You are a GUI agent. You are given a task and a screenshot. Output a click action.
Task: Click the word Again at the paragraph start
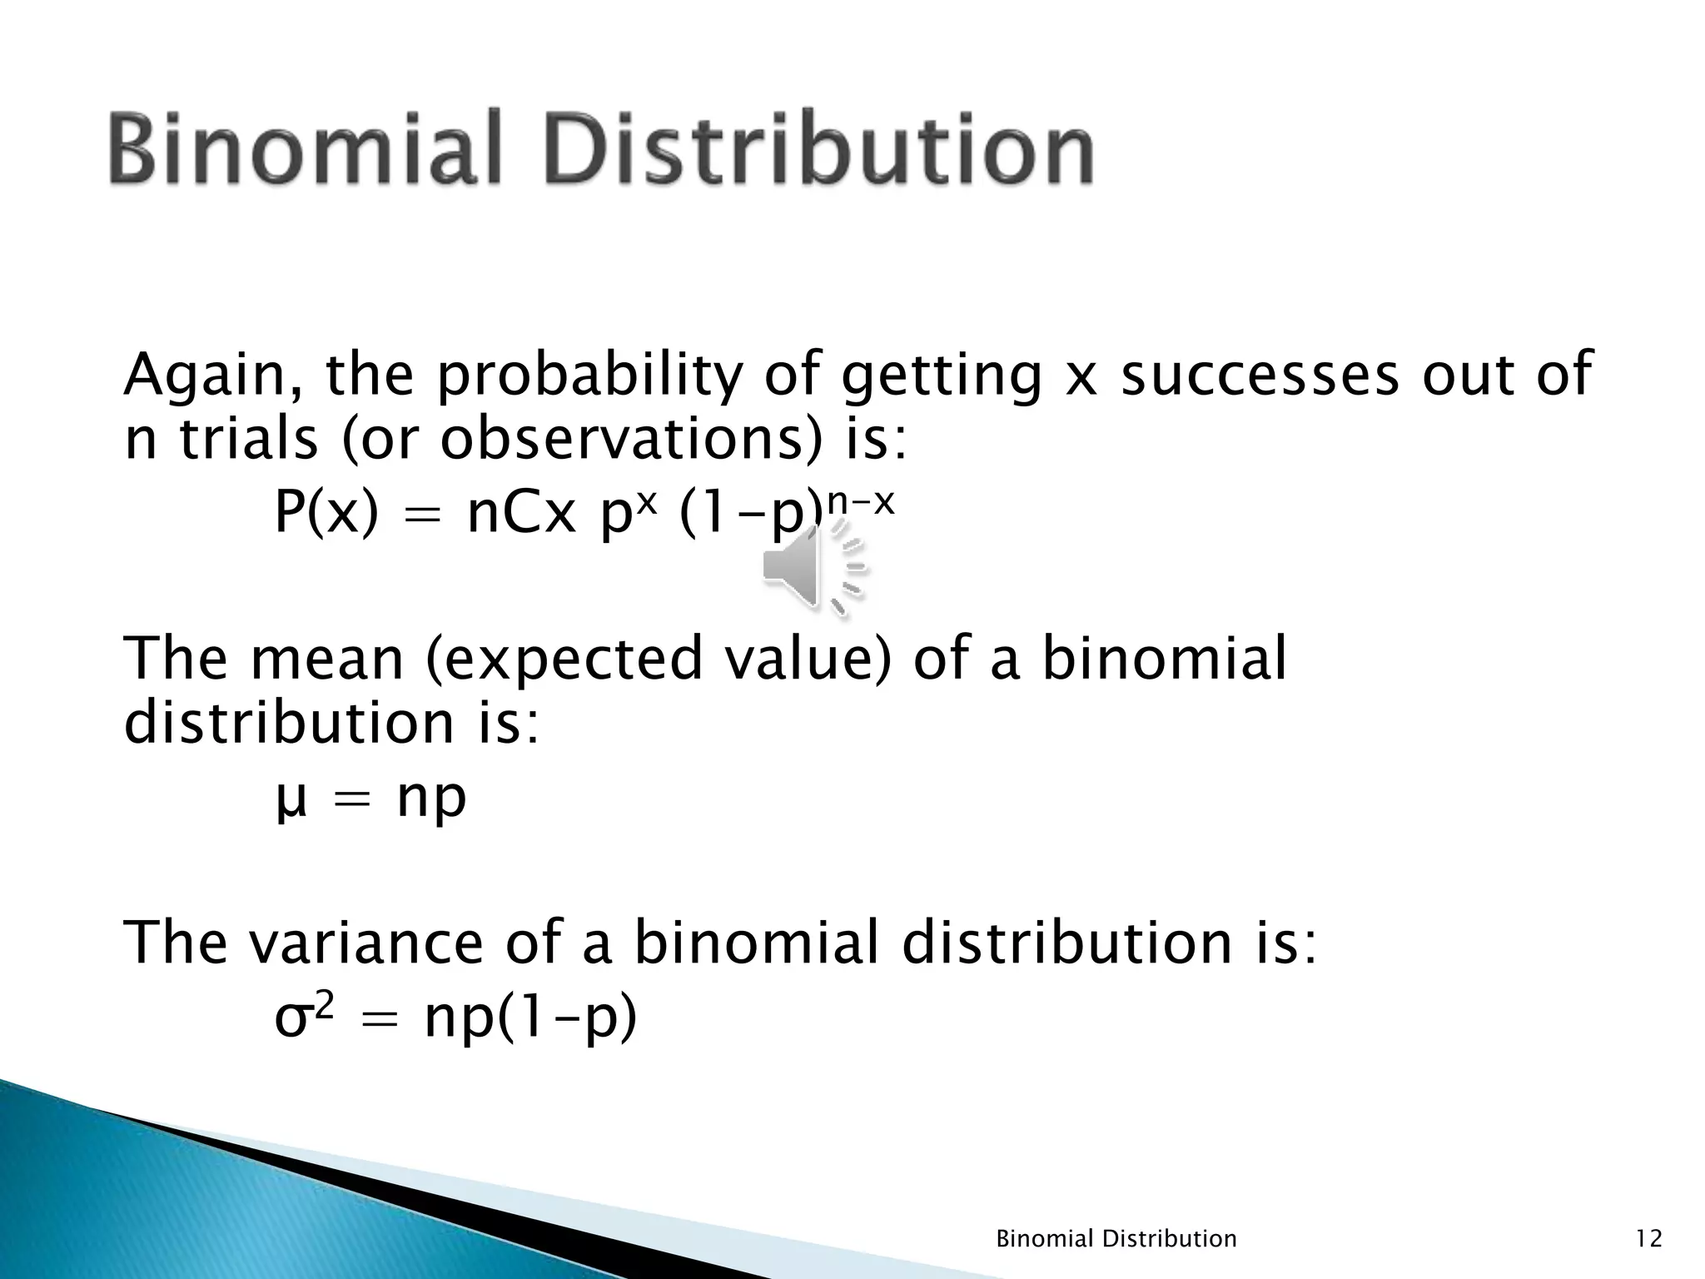point(216,376)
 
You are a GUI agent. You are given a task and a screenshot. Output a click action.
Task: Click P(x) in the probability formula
point(326,514)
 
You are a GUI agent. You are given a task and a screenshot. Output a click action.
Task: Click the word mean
point(327,659)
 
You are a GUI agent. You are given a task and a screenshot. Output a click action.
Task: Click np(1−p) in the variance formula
point(530,1019)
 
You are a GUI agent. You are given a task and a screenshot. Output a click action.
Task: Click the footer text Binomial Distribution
point(1116,1239)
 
